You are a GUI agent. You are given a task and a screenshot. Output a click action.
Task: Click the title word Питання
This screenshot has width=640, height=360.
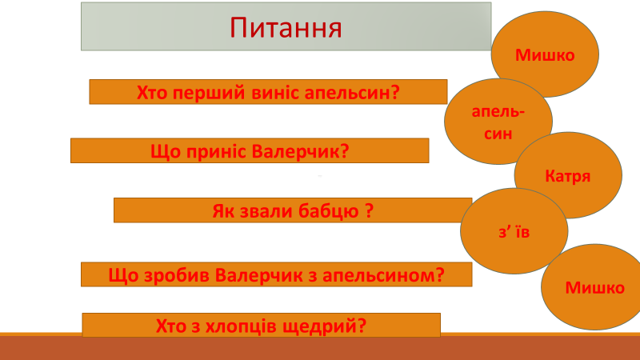click(x=286, y=28)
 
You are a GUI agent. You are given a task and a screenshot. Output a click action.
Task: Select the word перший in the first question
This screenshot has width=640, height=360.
click(x=207, y=93)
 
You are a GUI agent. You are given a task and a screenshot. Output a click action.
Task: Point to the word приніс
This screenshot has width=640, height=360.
click(x=216, y=152)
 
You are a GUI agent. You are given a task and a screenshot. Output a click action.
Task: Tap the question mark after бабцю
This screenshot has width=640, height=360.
click(x=369, y=211)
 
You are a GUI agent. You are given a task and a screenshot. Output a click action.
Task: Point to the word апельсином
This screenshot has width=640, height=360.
click(x=378, y=275)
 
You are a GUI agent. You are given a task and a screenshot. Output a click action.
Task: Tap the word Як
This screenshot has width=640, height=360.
click(x=223, y=211)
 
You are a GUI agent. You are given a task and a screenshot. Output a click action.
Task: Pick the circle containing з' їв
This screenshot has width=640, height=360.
click(x=514, y=231)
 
